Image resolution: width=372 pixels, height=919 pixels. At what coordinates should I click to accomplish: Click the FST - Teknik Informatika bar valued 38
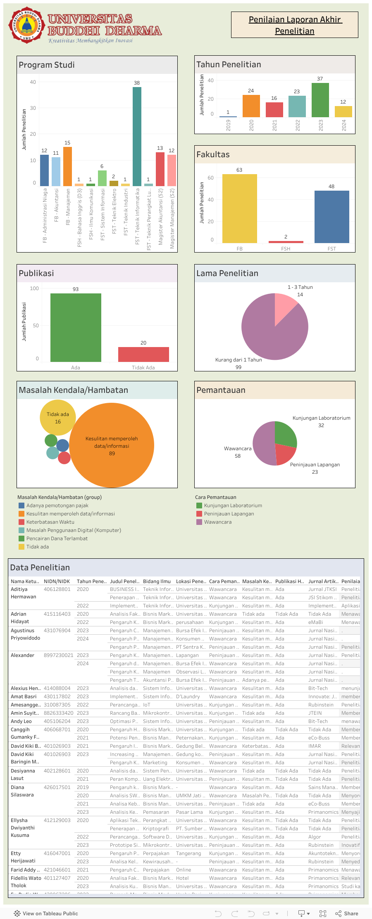(137, 136)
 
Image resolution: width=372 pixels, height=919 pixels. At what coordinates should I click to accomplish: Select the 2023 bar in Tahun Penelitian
(320, 100)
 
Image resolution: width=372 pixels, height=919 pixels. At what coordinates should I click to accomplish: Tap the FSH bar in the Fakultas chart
(286, 242)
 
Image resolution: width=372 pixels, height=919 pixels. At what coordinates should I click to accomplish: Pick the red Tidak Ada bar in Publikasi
(143, 354)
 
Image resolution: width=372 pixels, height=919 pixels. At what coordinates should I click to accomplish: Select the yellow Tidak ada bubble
(58, 418)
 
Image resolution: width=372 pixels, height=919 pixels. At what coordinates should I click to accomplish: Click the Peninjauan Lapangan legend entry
(229, 514)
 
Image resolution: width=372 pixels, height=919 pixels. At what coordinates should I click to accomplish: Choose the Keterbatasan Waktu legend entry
(50, 522)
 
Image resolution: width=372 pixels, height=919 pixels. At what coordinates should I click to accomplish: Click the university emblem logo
(27, 25)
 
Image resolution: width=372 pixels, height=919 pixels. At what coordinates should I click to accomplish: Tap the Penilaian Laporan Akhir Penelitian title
(295, 25)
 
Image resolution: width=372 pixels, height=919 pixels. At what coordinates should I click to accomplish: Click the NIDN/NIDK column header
(57, 581)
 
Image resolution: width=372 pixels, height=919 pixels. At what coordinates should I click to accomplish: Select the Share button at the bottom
(347, 914)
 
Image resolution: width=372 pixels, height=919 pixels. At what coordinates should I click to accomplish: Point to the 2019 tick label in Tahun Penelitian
(228, 125)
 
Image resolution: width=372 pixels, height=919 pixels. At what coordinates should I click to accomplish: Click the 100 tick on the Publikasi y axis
(34, 288)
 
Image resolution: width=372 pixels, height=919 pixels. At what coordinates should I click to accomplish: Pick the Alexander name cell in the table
(22, 655)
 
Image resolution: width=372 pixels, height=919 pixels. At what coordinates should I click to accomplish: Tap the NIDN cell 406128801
(57, 589)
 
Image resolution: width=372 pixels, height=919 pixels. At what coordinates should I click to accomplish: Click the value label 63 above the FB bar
(239, 170)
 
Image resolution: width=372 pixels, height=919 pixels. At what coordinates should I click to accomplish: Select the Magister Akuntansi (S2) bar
(160, 169)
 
